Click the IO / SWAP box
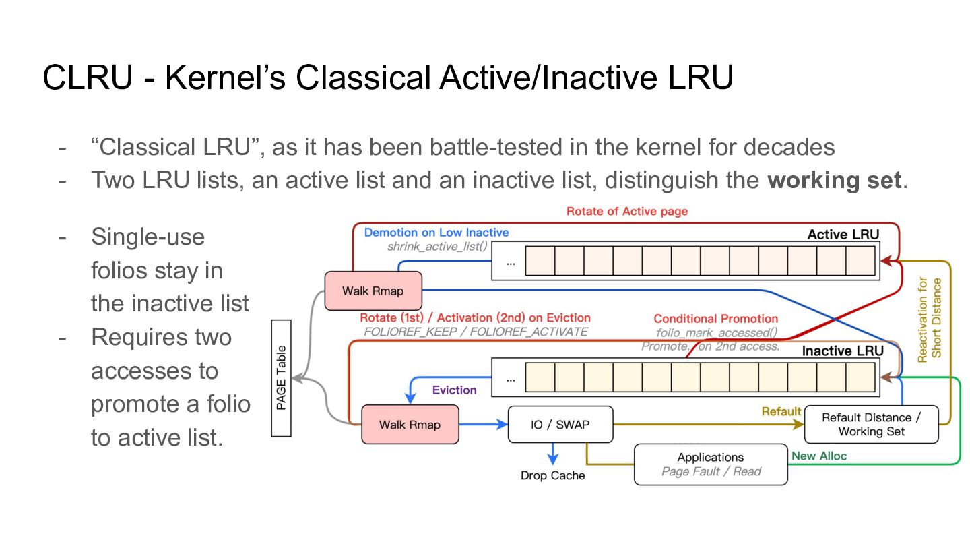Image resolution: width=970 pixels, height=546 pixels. point(560,424)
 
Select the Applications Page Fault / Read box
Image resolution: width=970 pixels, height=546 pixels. point(711,464)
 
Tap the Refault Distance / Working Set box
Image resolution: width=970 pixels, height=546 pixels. point(871,424)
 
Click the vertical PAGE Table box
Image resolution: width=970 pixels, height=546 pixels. point(281,378)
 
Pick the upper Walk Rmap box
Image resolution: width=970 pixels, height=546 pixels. point(373,291)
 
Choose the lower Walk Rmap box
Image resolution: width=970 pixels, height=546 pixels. point(410,424)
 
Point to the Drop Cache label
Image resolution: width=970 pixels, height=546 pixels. point(552,475)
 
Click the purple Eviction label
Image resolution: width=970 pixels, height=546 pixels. point(454,390)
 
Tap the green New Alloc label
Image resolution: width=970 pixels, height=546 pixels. point(819,456)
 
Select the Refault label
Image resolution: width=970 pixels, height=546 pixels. point(781,411)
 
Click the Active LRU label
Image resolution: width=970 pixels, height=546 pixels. point(843,235)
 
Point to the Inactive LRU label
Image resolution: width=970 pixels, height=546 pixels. point(843,351)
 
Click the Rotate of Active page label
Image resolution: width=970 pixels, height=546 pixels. point(627,212)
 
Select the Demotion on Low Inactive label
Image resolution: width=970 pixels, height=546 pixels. point(437,233)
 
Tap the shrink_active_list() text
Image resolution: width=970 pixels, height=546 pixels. point(437,247)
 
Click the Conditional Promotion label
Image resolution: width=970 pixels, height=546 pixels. point(716,319)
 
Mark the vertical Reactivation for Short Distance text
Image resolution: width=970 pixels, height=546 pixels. point(930,320)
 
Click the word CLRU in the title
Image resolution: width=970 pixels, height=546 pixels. point(88,78)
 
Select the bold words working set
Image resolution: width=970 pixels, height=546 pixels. point(834,180)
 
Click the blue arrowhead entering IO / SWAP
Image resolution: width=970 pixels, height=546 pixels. point(503,424)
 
